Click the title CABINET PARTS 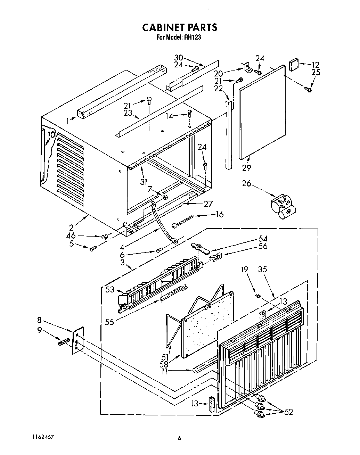(x=179, y=27)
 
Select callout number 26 (x=246, y=183)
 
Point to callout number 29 (x=247, y=168)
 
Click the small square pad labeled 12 (x=294, y=65)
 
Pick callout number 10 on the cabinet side (x=51, y=135)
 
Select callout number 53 (x=110, y=290)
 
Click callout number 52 (x=288, y=412)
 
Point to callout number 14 (x=169, y=116)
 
